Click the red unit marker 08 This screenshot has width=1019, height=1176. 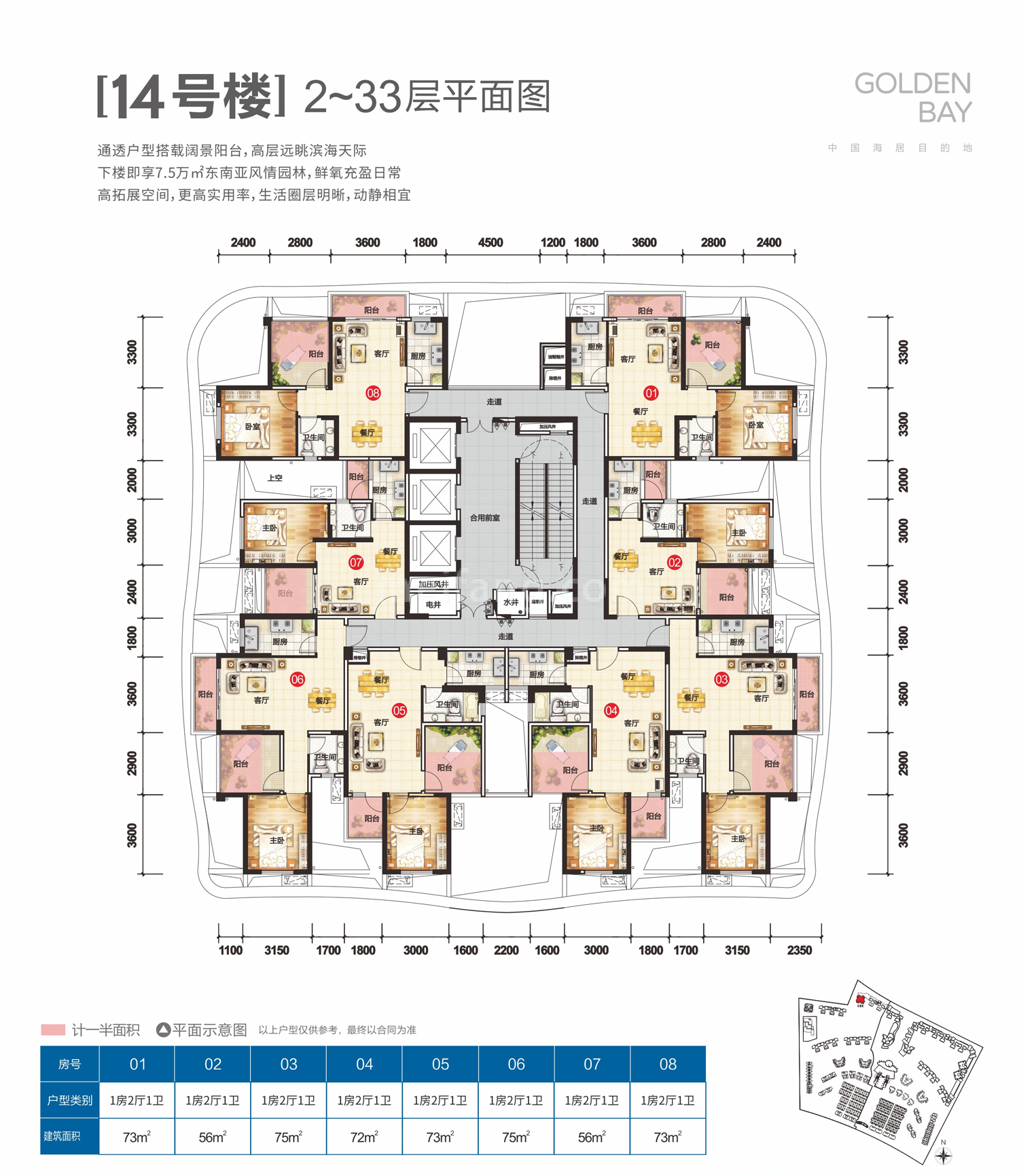(373, 393)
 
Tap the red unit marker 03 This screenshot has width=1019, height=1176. (721, 679)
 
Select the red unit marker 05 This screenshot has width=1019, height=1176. (399, 711)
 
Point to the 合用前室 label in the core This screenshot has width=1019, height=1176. (484, 518)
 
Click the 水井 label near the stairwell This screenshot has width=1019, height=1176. (511, 602)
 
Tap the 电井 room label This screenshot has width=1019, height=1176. (433, 604)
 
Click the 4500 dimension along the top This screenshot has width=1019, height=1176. (490, 243)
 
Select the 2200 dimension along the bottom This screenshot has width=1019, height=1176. (506, 950)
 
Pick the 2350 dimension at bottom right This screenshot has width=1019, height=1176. (799, 950)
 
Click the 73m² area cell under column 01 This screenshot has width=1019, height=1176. (137, 1137)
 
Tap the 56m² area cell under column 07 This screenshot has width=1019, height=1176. (592, 1137)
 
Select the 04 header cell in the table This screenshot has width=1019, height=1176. (364, 1064)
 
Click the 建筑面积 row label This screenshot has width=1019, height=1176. (62, 1136)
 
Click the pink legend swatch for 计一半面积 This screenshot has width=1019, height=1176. (53, 1030)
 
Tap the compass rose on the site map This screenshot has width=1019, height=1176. (944, 1155)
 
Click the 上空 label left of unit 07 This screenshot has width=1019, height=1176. (275, 478)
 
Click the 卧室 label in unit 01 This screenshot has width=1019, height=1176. (756, 425)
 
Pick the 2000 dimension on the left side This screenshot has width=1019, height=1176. (132, 480)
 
